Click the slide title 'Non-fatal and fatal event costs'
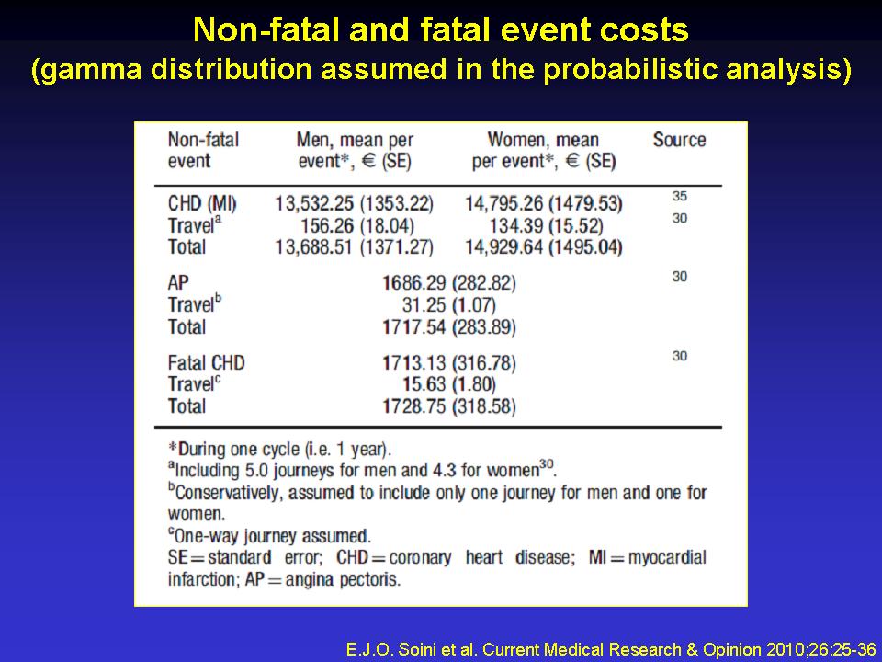pyautogui.click(x=441, y=29)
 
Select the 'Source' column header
pyautogui.click(x=679, y=140)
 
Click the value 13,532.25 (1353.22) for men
pyautogui.click(x=354, y=202)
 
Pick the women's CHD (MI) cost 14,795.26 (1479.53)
pyautogui.click(x=544, y=202)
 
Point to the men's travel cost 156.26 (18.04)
pyautogui.click(x=354, y=224)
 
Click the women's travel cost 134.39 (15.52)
pyautogui.click(x=544, y=224)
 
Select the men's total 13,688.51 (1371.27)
pyautogui.click(x=354, y=246)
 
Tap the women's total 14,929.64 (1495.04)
pyautogui.click(x=544, y=246)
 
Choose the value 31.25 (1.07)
pyautogui.click(x=449, y=304)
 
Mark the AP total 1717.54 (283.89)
pyautogui.click(x=449, y=326)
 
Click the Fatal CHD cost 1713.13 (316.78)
pyautogui.click(x=449, y=362)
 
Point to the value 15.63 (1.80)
pyautogui.click(x=449, y=384)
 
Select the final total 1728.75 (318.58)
pyautogui.click(x=449, y=406)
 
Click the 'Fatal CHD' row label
pyautogui.click(x=207, y=362)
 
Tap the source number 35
pyautogui.click(x=679, y=197)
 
